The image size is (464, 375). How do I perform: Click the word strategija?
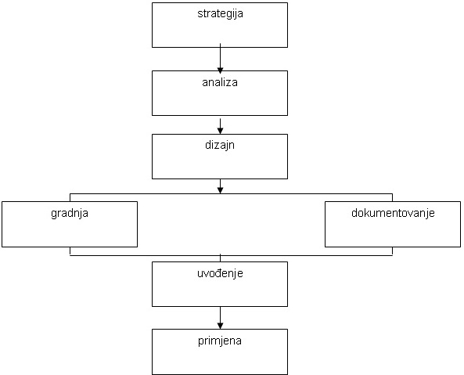click(x=220, y=14)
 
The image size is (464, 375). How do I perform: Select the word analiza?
click(x=220, y=82)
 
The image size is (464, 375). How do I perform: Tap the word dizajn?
click(x=220, y=146)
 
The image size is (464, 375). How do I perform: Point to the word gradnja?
click(x=70, y=214)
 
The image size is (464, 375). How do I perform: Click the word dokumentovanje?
click(x=393, y=213)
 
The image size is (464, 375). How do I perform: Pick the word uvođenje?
click(x=220, y=273)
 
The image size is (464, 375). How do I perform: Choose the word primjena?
click(x=220, y=341)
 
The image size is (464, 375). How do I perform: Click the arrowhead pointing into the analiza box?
click(x=220, y=70)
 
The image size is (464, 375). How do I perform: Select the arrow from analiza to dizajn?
click(x=220, y=126)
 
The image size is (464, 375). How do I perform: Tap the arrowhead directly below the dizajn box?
click(x=220, y=190)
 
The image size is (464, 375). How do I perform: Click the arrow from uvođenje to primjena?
click(x=220, y=318)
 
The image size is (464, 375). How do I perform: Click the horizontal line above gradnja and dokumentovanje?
click(x=231, y=194)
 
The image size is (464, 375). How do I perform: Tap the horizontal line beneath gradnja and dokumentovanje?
click(x=231, y=255)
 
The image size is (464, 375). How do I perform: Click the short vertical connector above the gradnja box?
click(x=70, y=198)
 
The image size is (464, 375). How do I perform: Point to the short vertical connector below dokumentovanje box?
click(x=392, y=251)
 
